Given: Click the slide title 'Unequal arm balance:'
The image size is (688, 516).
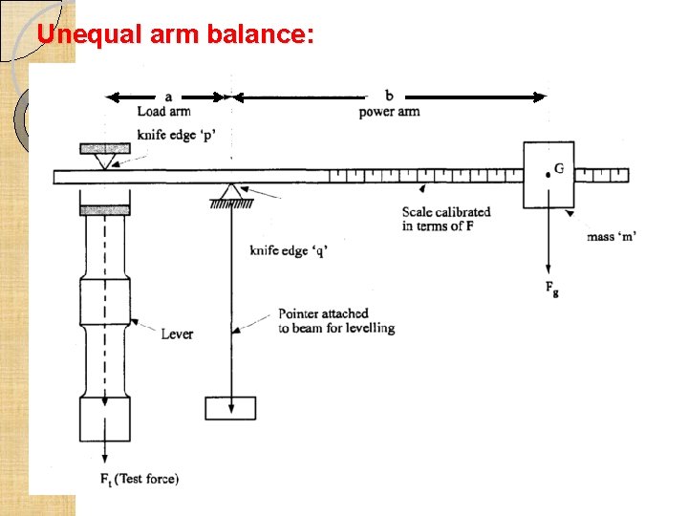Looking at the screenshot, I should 174,35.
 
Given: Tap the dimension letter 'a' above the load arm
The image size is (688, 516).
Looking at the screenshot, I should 168,96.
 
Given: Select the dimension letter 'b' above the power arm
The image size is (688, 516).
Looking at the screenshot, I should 389,96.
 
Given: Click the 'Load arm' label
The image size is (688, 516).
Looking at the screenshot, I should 163,112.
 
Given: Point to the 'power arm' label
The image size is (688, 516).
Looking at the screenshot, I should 389,112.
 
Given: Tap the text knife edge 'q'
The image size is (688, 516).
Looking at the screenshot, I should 289,250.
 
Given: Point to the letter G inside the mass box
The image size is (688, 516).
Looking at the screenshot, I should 559,168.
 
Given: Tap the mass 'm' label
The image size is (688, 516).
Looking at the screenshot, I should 613,236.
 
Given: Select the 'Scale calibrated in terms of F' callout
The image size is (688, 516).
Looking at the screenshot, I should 445,219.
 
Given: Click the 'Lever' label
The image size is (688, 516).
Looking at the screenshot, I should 177,333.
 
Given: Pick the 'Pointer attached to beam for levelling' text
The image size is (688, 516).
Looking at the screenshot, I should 335,320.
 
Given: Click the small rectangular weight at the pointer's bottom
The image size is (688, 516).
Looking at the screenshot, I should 230,408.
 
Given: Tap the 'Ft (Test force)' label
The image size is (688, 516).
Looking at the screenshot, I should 139,479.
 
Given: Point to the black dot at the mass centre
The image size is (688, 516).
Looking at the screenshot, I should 548,175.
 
